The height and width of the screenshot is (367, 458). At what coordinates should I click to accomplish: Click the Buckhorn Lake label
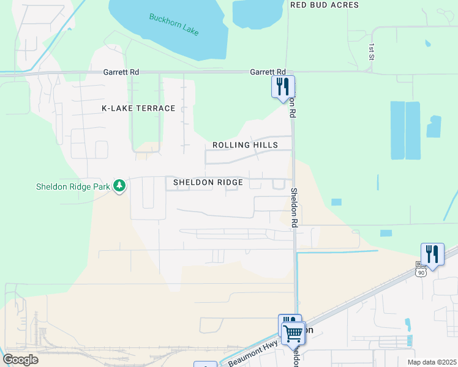coord(174,24)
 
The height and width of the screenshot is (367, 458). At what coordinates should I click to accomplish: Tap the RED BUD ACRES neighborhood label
coord(324,5)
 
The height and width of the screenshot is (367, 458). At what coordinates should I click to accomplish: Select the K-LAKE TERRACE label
coord(138,108)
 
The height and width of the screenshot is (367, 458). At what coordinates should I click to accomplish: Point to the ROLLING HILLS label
coord(245,145)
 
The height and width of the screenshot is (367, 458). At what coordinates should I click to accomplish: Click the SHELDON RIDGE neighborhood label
coord(208,182)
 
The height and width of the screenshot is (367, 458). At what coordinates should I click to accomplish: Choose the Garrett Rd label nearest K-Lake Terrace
coord(121,72)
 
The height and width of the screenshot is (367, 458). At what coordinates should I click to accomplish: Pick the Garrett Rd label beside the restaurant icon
coord(268,72)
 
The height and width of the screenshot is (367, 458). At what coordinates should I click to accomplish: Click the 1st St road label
coord(371,51)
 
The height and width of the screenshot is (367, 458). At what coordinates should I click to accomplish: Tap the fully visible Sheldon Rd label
coord(294,208)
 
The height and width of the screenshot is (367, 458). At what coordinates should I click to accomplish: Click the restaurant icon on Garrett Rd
coord(283,86)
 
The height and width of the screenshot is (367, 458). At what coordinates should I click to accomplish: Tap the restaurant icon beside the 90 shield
coord(432,254)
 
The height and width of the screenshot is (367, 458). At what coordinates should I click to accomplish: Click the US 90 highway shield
coord(420,272)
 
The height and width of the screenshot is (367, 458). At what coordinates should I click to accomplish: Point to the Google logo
coord(20,360)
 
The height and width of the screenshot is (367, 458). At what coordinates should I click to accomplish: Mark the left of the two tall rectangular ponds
coord(397,130)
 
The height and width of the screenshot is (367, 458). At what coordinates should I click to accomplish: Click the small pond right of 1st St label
coord(427,43)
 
